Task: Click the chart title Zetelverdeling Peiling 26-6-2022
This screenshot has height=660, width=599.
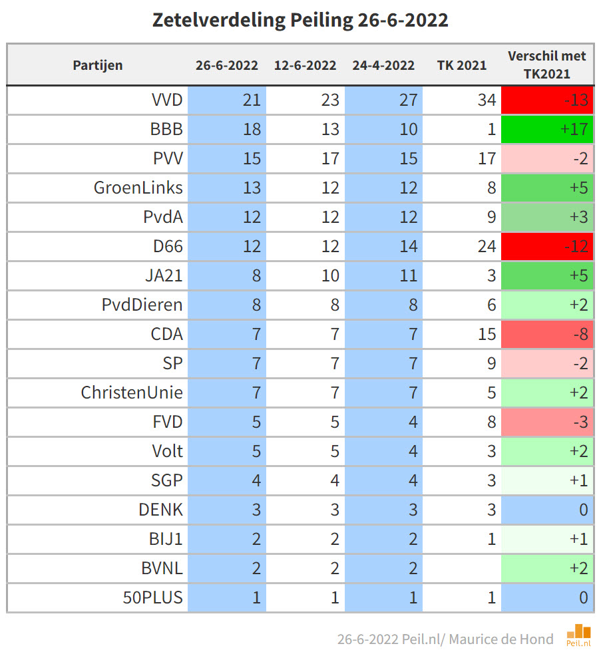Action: tap(300, 20)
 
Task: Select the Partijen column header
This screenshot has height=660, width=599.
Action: tap(98, 65)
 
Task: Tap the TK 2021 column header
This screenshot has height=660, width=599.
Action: tap(462, 65)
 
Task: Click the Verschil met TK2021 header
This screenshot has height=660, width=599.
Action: tap(546, 65)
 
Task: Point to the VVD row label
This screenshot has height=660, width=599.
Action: tap(166, 100)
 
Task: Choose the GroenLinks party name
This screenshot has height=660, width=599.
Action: tap(138, 188)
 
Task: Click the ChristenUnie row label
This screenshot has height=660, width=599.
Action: tap(132, 393)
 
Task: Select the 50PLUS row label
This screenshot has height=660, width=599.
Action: tap(157, 597)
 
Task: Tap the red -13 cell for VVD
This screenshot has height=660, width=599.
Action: tap(546, 100)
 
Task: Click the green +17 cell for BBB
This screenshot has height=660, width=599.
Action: tap(546, 129)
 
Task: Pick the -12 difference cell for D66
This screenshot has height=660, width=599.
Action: tap(546, 246)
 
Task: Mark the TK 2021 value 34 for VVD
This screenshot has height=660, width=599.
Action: tap(487, 100)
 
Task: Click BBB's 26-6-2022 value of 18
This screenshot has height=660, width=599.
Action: tap(252, 129)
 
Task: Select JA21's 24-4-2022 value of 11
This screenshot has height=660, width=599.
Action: tap(408, 275)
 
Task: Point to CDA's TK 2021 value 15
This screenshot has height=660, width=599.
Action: tap(487, 334)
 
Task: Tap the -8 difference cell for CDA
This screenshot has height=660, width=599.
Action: tap(546, 334)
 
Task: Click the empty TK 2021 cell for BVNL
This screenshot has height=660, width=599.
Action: tap(462, 568)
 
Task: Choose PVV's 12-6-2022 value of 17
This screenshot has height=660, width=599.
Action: tap(330, 158)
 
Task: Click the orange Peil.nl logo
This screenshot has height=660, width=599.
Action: tap(578, 635)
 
